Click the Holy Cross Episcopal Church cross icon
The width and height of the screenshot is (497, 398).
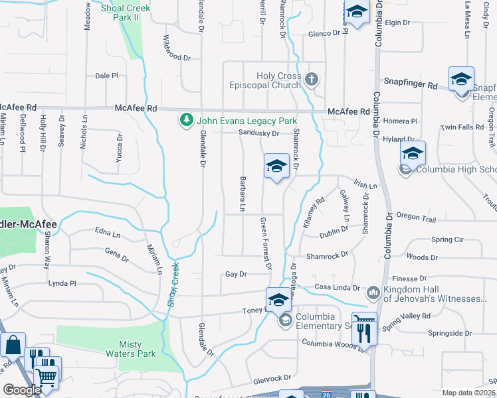click(x=312, y=80)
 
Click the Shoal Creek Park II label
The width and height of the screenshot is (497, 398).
click(x=126, y=13)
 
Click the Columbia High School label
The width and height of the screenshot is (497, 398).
click(x=456, y=169)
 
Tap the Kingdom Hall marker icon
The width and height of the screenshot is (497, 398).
click(x=372, y=292)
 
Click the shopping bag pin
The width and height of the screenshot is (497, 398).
click(x=13, y=346)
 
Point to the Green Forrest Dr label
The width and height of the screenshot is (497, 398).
click(x=266, y=243)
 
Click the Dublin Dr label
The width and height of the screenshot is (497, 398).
click(x=334, y=230)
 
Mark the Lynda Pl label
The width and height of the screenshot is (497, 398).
click(x=62, y=283)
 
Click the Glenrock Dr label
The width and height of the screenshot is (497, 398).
click(x=272, y=377)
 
